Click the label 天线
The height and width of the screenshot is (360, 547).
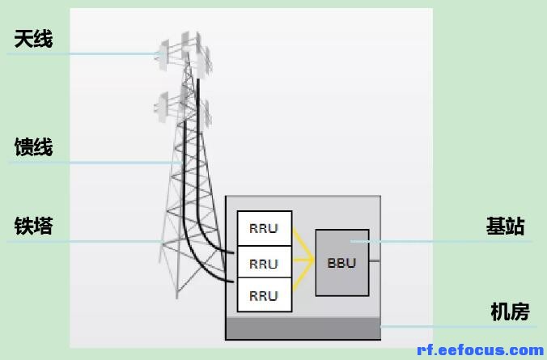[33, 37]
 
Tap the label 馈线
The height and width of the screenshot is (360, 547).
[33, 147]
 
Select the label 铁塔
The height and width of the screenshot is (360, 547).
[33, 226]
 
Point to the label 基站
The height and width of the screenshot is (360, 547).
[505, 226]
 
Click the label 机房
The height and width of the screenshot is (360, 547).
[510, 311]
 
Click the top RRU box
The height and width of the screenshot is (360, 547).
[264, 228]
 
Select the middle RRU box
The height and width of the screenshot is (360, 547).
[264, 263]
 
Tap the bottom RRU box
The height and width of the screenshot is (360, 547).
[264, 295]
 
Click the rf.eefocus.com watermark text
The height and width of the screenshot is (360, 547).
[480, 349]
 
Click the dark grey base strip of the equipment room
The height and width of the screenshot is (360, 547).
[303, 328]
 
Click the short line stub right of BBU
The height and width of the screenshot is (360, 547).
[374, 260]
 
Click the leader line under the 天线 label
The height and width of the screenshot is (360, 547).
[81, 54]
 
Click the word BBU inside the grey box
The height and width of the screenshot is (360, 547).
[341, 263]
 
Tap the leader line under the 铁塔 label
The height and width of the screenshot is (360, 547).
[81, 241]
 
